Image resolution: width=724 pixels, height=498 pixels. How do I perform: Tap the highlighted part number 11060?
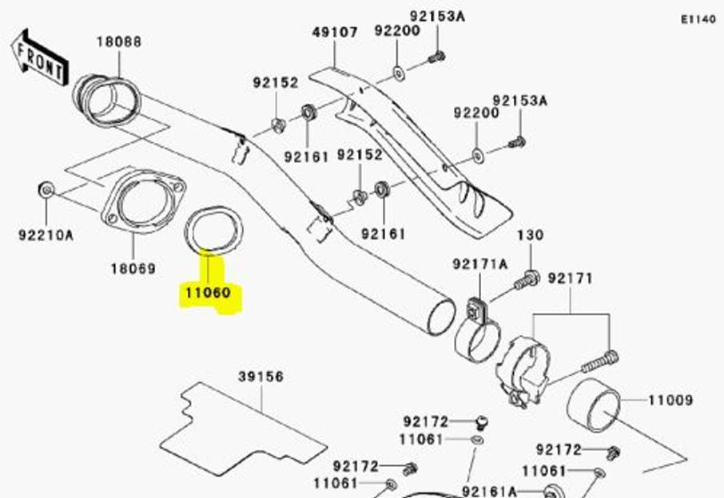[x=208, y=293]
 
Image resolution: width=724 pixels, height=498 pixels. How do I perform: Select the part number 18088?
[x=119, y=41]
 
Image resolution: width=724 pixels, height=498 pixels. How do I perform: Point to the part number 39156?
[x=261, y=377]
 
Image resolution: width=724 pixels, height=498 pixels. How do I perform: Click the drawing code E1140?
[x=698, y=18]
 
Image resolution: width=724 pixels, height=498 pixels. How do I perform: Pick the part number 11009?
[x=670, y=400]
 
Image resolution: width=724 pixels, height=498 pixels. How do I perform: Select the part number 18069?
[x=133, y=268]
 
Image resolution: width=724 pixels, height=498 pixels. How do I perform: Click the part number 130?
[x=530, y=235]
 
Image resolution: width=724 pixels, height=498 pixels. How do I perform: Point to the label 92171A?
[x=479, y=264]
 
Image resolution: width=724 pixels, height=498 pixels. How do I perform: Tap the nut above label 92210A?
[x=46, y=190]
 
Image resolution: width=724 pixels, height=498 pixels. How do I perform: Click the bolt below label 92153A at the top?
[x=436, y=57]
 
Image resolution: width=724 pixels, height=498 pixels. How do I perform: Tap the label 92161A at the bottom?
[x=488, y=491]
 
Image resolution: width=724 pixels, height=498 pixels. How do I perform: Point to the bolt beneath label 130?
[x=527, y=280]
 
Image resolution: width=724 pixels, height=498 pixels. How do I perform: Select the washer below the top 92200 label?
[x=397, y=76]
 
